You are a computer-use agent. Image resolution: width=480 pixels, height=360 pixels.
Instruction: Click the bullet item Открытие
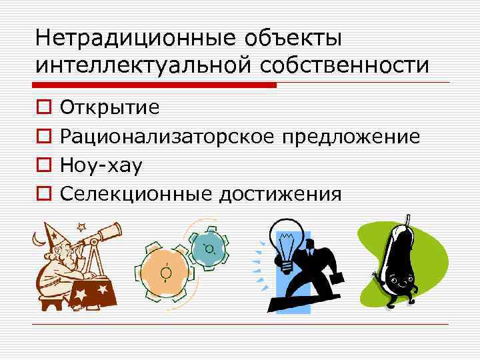point(109,107)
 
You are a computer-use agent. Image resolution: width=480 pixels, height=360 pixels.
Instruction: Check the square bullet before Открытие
point(43,107)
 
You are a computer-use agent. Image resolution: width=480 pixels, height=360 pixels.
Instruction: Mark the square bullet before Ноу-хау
point(43,165)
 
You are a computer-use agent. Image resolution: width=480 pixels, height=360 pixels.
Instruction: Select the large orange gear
point(165,271)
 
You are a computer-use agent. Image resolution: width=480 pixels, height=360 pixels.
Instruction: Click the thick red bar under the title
point(154,85)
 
